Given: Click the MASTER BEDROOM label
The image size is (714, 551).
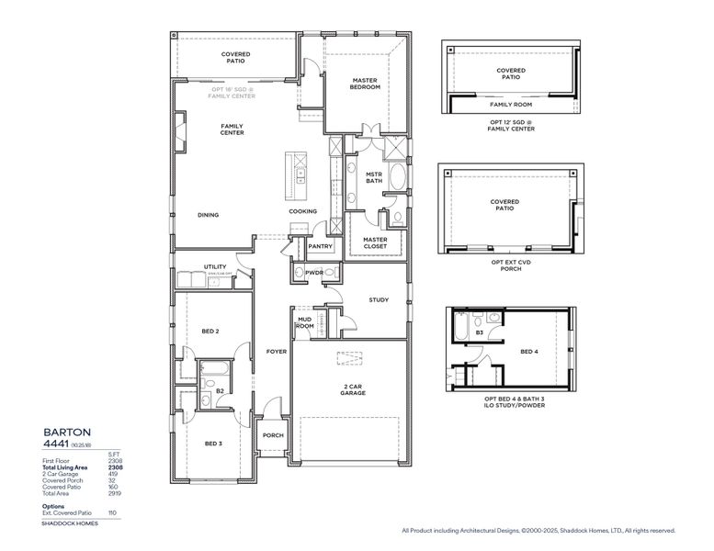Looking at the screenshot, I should (x=366, y=84).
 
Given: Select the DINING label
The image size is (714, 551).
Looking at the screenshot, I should (x=209, y=215).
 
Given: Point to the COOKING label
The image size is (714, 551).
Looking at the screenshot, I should (x=302, y=211).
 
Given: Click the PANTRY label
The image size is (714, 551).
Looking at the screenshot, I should (x=320, y=246).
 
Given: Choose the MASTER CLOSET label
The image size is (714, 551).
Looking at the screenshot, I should (x=375, y=242).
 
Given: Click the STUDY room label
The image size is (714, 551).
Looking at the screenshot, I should (x=379, y=299).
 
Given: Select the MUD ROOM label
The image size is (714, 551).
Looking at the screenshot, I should (x=305, y=322).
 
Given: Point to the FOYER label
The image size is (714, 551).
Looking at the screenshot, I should (x=277, y=351).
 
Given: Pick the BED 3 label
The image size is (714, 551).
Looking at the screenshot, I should (x=213, y=444).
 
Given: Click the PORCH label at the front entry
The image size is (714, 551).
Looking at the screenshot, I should (x=273, y=435).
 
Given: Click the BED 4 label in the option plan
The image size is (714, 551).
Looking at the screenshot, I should (x=529, y=351).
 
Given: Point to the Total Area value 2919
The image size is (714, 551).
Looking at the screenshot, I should (x=116, y=493).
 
